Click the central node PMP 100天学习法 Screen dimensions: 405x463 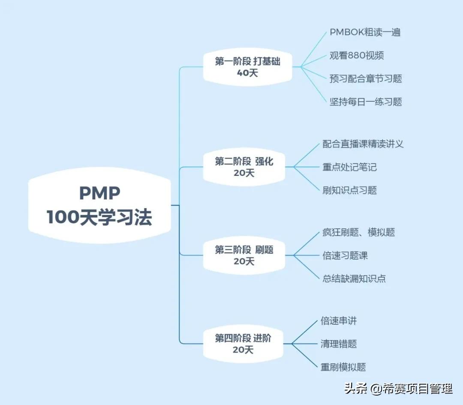tap(99, 206)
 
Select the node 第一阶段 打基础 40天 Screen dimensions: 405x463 tap(247, 67)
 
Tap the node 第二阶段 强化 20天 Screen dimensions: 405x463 tap(244, 167)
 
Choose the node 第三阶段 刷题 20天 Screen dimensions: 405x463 tap(244, 255)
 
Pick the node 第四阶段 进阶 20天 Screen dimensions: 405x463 tap(243, 344)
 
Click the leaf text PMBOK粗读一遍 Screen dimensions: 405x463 tap(365, 32)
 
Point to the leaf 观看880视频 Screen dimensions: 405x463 tap(356, 55)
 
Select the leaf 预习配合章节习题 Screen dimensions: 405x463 tap(365, 79)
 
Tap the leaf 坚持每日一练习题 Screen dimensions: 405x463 tap(365, 102)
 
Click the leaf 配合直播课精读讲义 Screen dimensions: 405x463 tap(363, 144)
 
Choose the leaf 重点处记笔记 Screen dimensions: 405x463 tap(349, 167)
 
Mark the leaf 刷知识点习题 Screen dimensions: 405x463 tap(349, 190)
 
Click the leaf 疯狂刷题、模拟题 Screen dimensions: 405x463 tap(358, 232)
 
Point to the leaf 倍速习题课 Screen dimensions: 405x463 tap(345, 255)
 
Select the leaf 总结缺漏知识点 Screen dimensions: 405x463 tap(354, 278)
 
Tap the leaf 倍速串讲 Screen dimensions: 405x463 tap(338, 320)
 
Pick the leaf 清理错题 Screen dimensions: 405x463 tap(338, 344)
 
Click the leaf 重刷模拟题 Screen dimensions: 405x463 tap(343, 367)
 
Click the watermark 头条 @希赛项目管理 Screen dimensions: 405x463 tap(398, 389)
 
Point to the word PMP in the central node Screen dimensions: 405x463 tap(99, 193)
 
